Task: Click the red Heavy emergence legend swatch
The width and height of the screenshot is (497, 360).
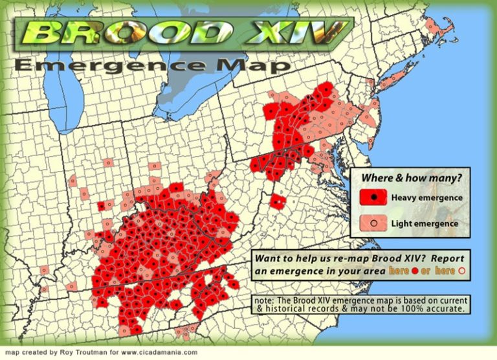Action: point(373,197)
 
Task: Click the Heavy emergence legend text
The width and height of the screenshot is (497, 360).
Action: point(426,197)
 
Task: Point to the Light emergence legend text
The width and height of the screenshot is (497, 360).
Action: point(424,223)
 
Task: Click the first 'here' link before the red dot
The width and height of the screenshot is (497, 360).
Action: point(399,270)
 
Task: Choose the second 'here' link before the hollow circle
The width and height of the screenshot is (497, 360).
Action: point(445,270)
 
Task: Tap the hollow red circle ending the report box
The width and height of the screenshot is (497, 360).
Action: point(461,271)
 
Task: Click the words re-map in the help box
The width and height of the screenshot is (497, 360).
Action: point(353,257)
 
